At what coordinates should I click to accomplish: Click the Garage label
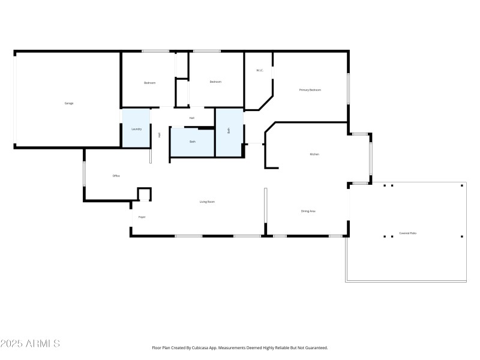click(x=69, y=103)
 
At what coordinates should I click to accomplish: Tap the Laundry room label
click(x=137, y=129)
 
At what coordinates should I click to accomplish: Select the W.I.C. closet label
click(x=260, y=70)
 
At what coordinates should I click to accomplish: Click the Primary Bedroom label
click(x=310, y=90)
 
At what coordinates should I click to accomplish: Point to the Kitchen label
click(x=314, y=154)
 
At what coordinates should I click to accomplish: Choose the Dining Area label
click(x=308, y=211)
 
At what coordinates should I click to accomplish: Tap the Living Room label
click(x=207, y=202)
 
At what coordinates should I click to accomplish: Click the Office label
click(x=116, y=176)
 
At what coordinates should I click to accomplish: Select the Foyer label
click(x=142, y=217)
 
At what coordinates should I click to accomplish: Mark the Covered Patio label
click(x=408, y=233)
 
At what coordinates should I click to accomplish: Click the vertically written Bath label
click(x=229, y=130)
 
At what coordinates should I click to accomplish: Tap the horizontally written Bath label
click(x=193, y=142)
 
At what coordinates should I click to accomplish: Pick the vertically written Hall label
click(x=160, y=135)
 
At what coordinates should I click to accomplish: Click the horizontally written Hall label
click(x=192, y=118)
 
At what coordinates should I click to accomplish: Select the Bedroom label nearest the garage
click(x=150, y=83)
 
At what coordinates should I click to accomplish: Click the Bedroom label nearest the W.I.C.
click(x=215, y=82)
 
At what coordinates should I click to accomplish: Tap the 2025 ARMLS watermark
click(x=30, y=344)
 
